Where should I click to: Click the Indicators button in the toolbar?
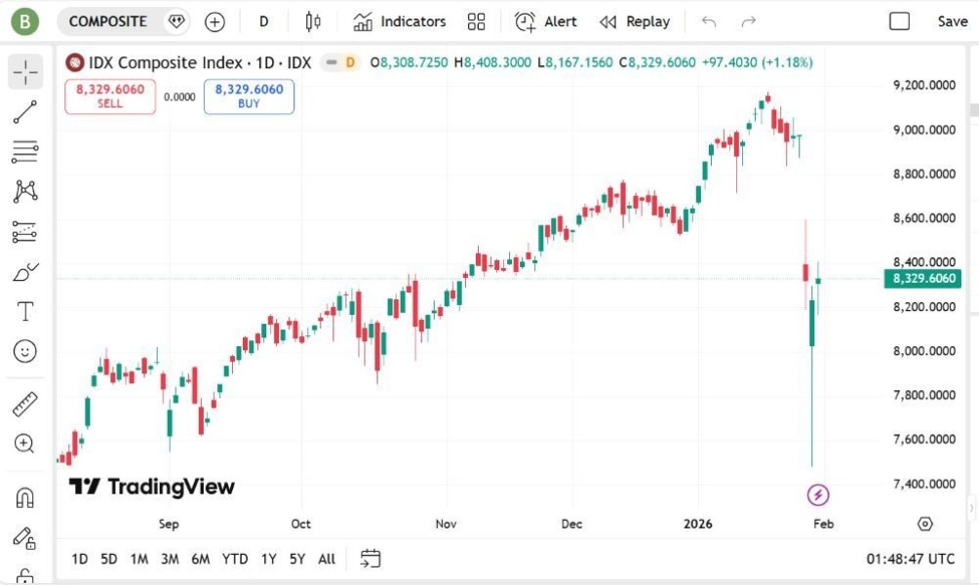400,21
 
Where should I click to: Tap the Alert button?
546,21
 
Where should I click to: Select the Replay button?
635,21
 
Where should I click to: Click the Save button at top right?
952,21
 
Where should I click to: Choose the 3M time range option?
170,559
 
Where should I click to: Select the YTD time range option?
234,559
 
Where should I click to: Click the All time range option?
327,559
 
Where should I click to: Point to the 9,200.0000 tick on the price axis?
923,86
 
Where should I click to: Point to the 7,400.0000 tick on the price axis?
923,484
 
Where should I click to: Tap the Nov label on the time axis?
446,524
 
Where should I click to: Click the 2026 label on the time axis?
698,524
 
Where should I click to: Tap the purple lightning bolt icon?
818,495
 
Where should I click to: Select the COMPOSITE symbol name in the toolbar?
107,21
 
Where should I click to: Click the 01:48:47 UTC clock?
910,559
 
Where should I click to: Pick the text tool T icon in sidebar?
25,312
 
